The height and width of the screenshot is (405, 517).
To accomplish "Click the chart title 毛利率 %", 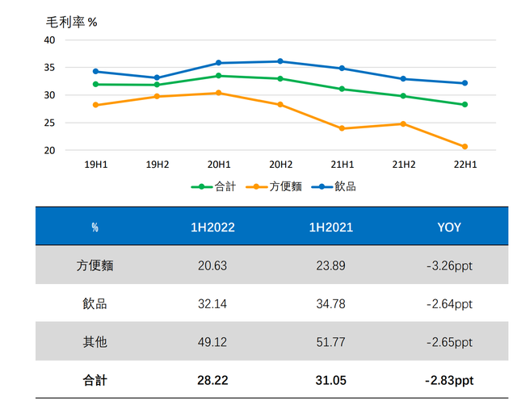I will point(71,22).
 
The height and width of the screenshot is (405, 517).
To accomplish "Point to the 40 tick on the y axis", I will point(49,40).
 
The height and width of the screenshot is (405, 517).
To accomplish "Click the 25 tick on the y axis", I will point(49,123).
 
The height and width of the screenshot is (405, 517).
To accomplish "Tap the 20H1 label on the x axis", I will point(217,165).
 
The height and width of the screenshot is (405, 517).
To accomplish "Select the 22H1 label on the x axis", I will point(464,165).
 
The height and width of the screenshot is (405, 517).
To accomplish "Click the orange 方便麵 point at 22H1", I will point(464,147).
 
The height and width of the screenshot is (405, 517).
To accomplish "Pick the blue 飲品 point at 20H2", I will point(280,61).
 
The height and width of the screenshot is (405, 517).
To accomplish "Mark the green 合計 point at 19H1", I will point(95,84).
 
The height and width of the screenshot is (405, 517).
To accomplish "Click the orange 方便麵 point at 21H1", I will point(342,128).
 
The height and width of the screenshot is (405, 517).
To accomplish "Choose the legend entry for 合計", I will point(214,186).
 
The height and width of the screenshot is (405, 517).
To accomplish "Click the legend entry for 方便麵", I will point(275,186).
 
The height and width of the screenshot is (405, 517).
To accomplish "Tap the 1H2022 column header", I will point(212,228).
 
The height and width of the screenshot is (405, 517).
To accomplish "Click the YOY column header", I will point(448,228).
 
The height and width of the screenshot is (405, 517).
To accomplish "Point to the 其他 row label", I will point(95,342).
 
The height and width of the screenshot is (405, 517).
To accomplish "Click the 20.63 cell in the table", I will point(212,265).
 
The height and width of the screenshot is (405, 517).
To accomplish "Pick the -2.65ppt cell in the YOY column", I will point(448,342).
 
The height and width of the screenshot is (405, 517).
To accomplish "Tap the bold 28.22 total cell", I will point(212,380).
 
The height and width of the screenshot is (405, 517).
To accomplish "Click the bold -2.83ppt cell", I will point(448,380).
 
